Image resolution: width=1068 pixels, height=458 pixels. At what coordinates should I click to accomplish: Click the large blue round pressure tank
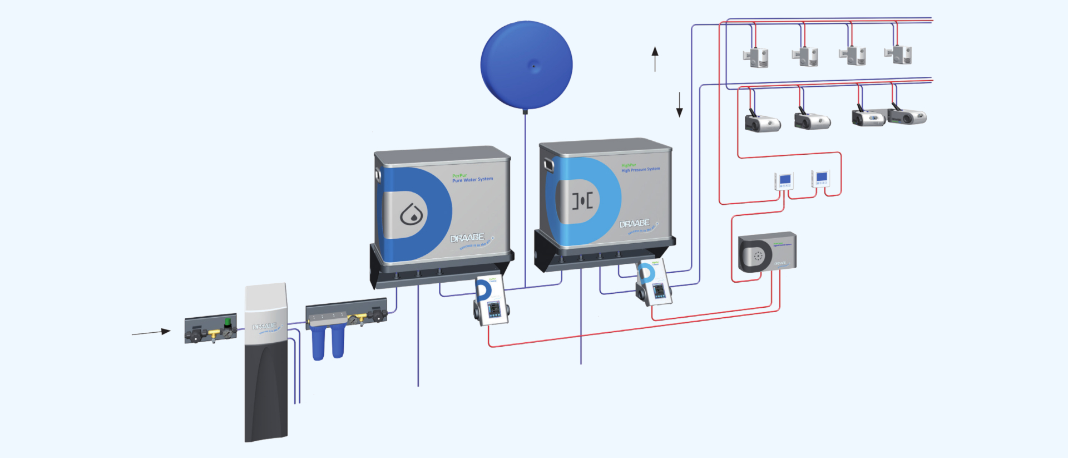526,65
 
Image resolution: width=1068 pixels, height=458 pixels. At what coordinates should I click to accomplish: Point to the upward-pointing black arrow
655,58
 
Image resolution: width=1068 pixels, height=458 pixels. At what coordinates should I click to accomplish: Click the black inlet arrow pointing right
151,332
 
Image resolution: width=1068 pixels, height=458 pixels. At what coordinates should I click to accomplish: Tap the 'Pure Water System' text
472,179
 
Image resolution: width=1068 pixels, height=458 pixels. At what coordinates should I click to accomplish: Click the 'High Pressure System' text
640,169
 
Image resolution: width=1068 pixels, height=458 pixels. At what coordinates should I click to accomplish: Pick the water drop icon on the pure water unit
412,214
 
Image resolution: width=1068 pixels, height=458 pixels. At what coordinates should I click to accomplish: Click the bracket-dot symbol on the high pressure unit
582,200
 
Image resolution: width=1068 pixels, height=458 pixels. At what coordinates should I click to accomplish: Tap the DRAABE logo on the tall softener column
264,326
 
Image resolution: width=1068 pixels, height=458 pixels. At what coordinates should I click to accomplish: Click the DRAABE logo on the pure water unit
467,238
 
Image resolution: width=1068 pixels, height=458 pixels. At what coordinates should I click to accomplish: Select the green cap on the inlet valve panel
227,322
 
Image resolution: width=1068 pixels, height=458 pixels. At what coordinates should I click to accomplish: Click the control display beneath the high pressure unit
659,291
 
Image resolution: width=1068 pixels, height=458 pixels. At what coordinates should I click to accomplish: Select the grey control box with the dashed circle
767,253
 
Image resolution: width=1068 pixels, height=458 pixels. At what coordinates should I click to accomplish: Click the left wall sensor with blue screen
784,181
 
